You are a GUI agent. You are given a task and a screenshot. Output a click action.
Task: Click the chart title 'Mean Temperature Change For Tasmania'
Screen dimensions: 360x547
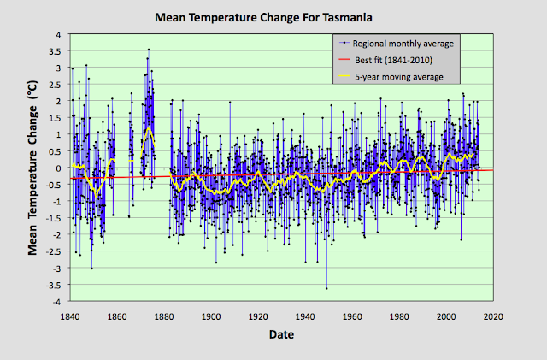click(x=273, y=17)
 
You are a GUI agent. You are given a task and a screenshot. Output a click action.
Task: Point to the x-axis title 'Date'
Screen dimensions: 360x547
click(x=282, y=334)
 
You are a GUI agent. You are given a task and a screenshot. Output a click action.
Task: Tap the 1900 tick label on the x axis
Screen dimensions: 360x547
click(x=211, y=316)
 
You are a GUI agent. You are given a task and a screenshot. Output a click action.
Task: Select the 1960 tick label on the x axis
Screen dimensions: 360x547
click(x=352, y=316)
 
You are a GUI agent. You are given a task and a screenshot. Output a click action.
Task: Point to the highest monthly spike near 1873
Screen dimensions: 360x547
click(x=148, y=50)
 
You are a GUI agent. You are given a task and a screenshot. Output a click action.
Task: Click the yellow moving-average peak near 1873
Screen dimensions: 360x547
click(x=148, y=128)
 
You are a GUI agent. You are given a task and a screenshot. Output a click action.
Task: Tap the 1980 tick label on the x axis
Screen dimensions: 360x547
click(x=399, y=316)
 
